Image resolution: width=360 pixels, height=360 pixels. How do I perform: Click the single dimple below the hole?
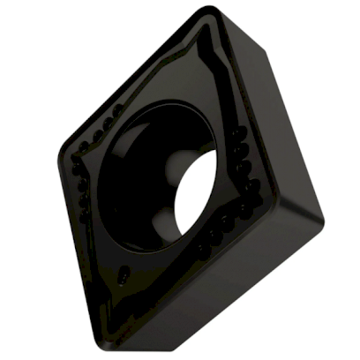pos(124,270)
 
